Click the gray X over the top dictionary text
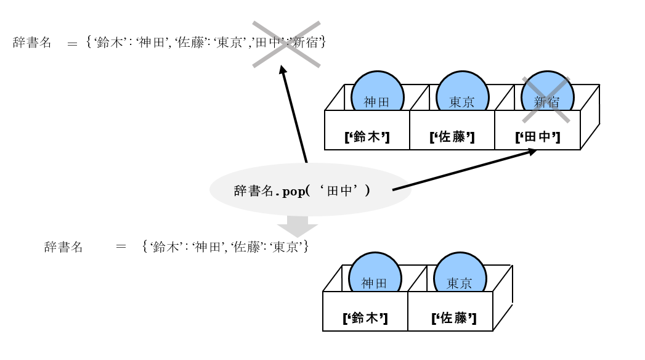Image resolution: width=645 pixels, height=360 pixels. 286,44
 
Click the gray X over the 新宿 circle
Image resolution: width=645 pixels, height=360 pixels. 546,100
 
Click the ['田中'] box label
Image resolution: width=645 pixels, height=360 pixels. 537,137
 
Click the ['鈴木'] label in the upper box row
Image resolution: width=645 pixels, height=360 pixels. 367,137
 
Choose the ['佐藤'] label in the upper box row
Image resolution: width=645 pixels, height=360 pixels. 452,137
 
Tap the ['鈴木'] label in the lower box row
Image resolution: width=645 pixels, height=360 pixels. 365,318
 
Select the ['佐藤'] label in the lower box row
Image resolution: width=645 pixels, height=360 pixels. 453,318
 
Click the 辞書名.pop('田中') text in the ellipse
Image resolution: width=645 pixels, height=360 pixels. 302,191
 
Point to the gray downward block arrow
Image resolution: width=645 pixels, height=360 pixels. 297,226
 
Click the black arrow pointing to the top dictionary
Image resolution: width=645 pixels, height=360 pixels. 294,114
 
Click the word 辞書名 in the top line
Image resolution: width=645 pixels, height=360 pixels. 32,43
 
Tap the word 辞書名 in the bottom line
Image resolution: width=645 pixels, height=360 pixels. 63,247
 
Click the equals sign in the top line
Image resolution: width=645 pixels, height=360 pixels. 73,44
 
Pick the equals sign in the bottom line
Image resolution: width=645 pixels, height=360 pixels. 121,247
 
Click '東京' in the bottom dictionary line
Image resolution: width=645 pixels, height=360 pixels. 285,247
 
